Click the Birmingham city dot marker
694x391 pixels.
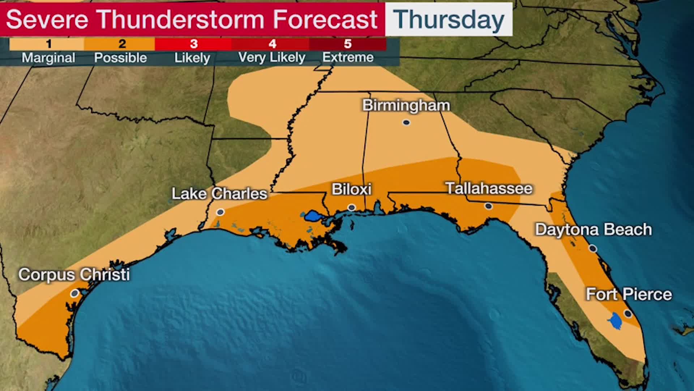click(406, 122)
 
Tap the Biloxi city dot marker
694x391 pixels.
click(351, 207)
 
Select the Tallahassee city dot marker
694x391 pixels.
click(488, 206)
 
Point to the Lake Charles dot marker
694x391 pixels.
click(220, 212)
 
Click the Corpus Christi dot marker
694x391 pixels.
click(74, 293)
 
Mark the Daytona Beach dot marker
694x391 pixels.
click(593, 248)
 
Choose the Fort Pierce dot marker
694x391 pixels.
click(628, 314)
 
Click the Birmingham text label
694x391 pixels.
click(406, 105)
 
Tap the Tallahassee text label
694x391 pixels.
click(489, 188)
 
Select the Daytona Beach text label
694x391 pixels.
click(593, 230)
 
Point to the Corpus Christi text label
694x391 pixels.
click(74, 274)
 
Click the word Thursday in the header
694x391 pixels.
click(449, 20)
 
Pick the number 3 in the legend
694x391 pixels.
click(194, 44)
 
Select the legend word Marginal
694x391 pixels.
click(48, 58)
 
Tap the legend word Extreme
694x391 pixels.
click(348, 57)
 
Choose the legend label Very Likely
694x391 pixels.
click(272, 57)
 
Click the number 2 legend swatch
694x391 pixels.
click(122, 44)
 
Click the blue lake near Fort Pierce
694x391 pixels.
click(615, 321)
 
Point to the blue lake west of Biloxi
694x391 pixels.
click(313, 217)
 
